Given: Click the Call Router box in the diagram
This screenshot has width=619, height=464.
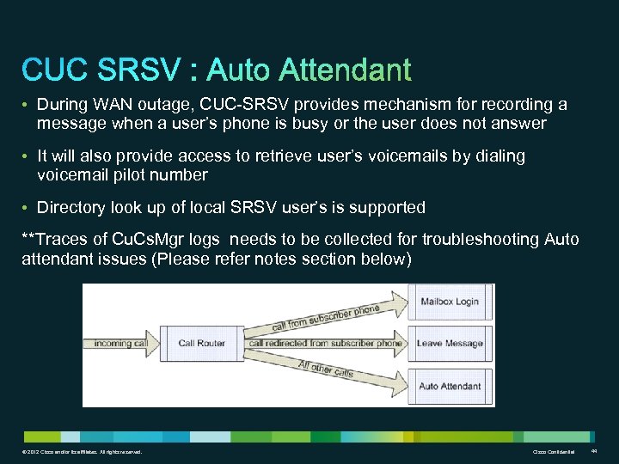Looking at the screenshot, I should [201, 344].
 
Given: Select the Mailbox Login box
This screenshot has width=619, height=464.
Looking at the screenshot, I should [450, 302].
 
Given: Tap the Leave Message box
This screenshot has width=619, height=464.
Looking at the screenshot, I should [450, 344].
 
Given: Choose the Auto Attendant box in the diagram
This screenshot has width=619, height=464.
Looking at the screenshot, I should [450, 386].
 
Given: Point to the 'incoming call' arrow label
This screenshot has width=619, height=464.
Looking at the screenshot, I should [121, 344].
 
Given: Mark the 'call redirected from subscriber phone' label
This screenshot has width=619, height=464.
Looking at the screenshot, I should [325, 344].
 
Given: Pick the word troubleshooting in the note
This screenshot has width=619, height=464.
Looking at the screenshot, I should [479, 239].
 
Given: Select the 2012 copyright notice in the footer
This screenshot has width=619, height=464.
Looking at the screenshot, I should [83, 452].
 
